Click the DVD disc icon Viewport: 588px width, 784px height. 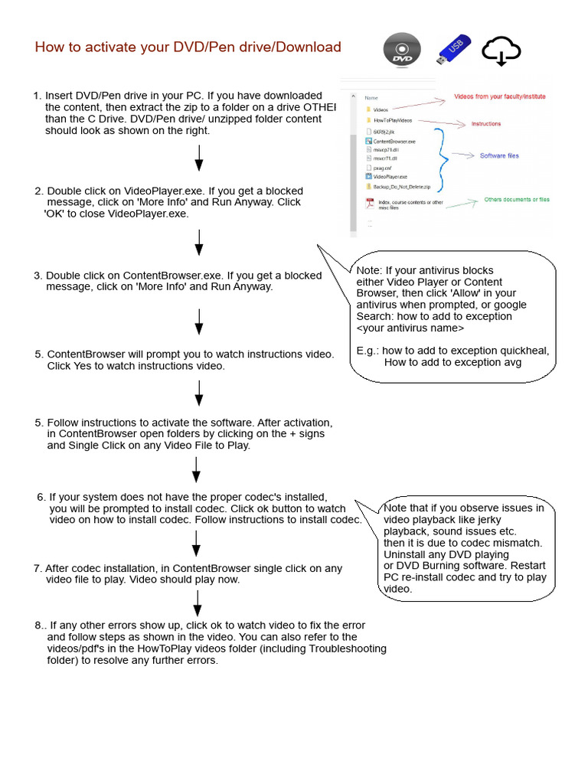point(401,51)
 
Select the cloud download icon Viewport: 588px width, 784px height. point(501,51)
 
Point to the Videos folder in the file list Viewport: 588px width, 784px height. point(381,109)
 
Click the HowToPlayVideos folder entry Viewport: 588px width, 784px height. point(392,121)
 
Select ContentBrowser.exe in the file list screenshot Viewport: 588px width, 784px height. point(394,142)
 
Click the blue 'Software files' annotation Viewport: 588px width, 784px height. point(498,156)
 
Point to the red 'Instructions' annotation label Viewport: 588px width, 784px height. point(485,123)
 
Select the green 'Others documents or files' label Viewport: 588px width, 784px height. point(517,200)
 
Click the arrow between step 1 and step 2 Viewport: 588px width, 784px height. point(199,158)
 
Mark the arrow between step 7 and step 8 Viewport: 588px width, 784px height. point(197,603)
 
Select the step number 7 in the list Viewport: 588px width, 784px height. point(37,569)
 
